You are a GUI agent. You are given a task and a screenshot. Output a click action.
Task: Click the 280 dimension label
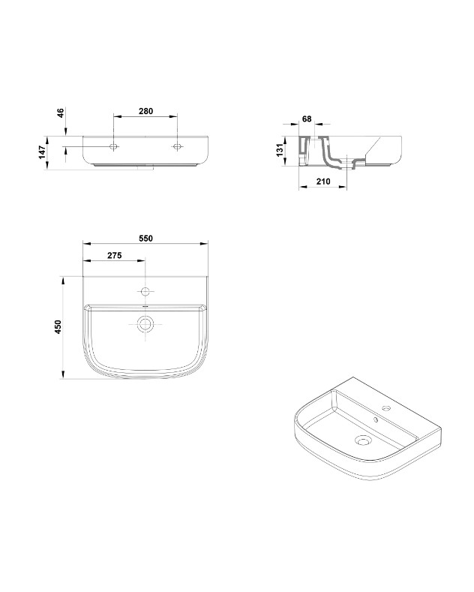(145, 111)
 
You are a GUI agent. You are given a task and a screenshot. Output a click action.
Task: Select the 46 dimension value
(61, 113)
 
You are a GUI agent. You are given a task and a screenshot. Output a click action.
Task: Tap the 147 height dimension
(42, 152)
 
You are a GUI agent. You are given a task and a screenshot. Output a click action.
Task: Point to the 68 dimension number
(307, 119)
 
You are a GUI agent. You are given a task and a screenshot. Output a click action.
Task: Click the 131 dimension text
(280, 150)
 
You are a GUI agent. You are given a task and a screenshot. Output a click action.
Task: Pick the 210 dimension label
(323, 182)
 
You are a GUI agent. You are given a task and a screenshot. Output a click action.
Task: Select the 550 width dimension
(145, 239)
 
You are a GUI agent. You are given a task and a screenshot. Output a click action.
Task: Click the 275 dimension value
(114, 256)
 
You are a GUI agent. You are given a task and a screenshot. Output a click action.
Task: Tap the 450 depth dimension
(58, 327)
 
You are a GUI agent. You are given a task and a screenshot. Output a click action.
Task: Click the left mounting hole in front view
(113, 146)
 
